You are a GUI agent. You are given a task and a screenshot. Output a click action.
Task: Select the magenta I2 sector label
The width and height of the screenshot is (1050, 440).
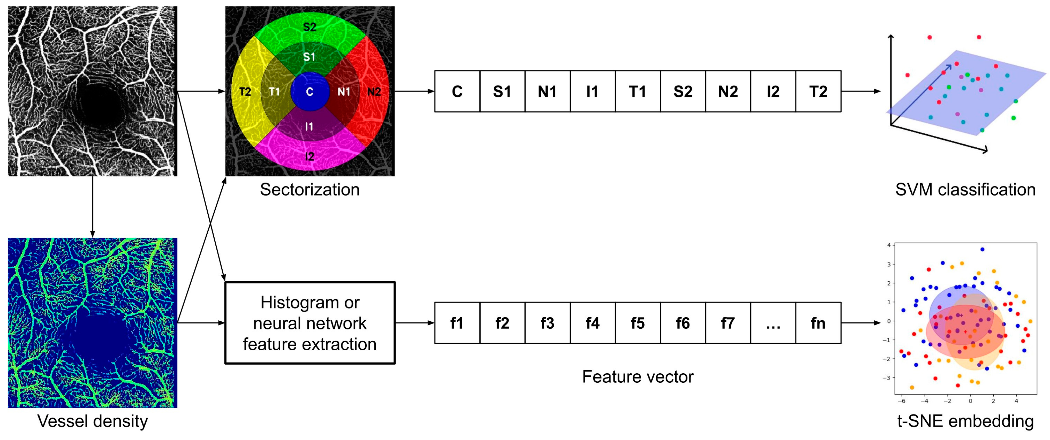pyautogui.click(x=310, y=156)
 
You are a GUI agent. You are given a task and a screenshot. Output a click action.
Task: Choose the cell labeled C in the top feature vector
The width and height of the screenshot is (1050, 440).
pyautogui.click(x=457, y=91)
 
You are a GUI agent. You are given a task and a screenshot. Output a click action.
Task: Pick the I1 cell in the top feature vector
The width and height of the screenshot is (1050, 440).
pyautogui.click(x=592, y=91)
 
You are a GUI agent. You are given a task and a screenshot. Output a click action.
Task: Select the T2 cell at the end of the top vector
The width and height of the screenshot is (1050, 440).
pyautogui.click(x=818, y=91)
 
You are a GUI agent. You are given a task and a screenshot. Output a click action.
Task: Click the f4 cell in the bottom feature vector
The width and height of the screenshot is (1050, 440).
pyautogui.click(x=592, y=323)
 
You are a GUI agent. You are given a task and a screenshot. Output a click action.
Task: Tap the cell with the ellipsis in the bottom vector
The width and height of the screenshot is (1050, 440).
pyautogui.click(x=773, y=323)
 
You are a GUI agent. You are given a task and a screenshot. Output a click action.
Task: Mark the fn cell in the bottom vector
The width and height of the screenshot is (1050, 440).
pyautogui.click(x=818, y=323)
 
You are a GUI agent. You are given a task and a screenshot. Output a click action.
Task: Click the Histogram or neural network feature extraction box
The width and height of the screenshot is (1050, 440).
pyautogui.click(x=310, y=323)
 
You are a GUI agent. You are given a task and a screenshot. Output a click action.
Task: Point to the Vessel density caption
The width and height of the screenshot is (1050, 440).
pyautogui.click(x=93, y=421)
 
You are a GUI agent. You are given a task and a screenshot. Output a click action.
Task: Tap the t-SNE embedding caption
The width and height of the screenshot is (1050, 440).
pyautogui.click(x=965, y=421)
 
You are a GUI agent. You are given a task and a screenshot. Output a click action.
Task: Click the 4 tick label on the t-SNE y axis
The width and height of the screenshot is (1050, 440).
pyautogui.click(x=889, y=245)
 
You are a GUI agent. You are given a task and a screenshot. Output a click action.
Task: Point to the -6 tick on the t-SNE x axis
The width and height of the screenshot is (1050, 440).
pyautogui.click(x=901, y=401)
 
